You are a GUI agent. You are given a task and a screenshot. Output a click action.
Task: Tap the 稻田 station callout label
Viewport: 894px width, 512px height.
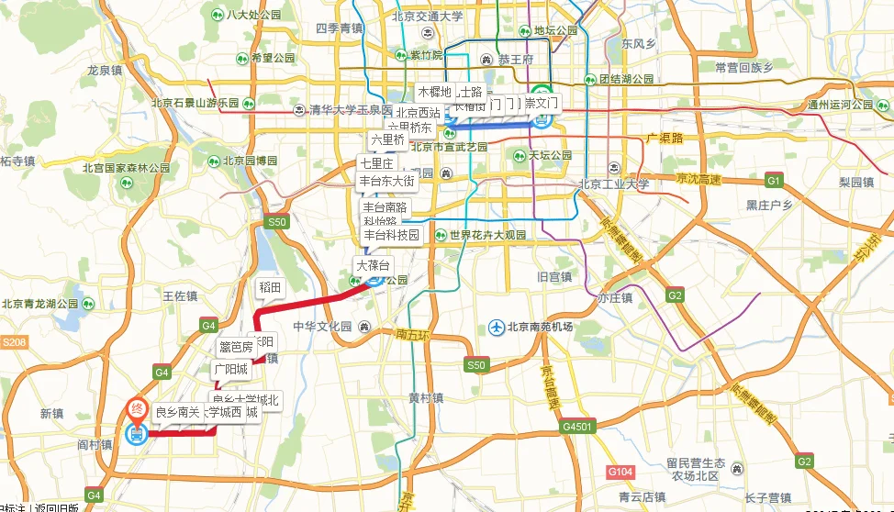pyautogui.click(x=269, y=288)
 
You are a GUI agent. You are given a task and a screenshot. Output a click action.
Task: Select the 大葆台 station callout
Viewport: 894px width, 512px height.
pyautogui.click(x=374, y=266)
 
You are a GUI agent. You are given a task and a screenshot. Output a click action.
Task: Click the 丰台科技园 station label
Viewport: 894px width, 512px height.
pyautogui.click(x=390, y=235)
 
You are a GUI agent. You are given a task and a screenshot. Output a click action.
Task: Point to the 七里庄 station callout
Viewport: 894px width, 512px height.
pyautogui.click(x=375, y=163)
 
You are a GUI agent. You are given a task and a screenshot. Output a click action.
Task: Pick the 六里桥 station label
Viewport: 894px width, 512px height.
pyautogui.click(x=387, y=140)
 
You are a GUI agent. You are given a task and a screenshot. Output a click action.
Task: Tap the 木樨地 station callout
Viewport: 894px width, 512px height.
pyautogui.click(x=434, y=92)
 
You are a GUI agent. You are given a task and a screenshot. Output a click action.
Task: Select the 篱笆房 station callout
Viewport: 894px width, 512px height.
pyautogui.click(x=235, y=347)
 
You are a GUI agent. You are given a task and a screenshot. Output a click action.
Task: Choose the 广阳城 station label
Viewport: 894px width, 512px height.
pyautogui.click(x=230, y=369)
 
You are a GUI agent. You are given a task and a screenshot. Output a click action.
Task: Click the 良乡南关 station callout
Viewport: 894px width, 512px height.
pyautogui.click(x=177, y=412)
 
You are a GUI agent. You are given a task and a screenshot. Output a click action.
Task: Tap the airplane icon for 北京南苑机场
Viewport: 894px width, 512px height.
pyautogui.click(x=497, y=327)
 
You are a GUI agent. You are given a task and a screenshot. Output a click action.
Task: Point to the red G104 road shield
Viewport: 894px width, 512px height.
pyautogui.click(x=620, y=471)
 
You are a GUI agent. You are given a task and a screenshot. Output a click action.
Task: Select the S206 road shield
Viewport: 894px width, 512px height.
pyautogui.click(x=15, y=342)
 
